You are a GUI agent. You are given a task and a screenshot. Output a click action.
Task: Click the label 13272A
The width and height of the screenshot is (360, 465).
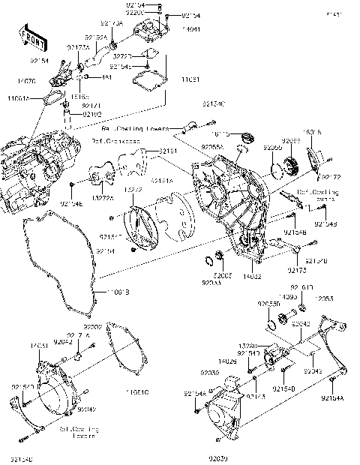pos(101,198)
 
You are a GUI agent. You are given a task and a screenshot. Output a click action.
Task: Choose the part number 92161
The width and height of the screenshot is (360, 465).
pos(167,151)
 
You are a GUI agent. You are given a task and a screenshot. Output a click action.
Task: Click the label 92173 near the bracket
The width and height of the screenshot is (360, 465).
pos(295,268)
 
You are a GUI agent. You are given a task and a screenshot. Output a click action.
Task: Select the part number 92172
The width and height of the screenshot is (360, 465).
pos(331,177)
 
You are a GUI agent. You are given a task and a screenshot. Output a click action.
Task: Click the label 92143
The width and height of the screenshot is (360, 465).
pos(256,394)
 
